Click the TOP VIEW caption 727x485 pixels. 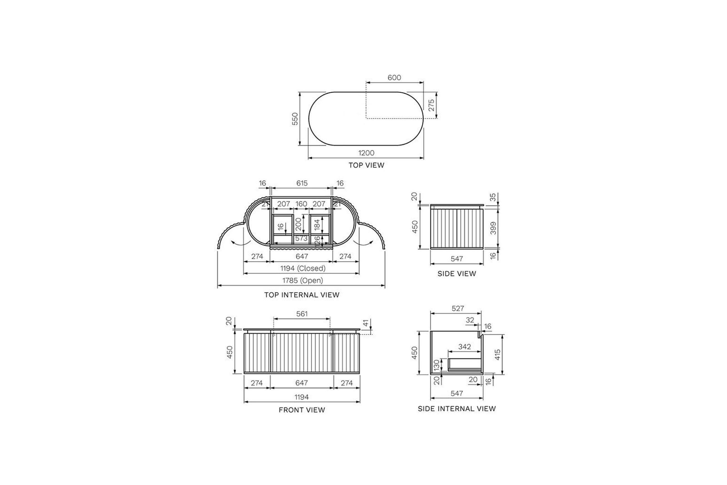(x=366, y=165)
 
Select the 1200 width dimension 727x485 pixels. (x=366, y=153)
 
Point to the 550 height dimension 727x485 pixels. (x=295, y=119)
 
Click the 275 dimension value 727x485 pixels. (x=431, y=105)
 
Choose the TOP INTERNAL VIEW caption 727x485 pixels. (x=302, y=295)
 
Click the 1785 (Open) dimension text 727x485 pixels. (x=302, y=280)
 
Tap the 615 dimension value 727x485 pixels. (x=302, y=183)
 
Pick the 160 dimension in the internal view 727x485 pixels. (x=301, y=204)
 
